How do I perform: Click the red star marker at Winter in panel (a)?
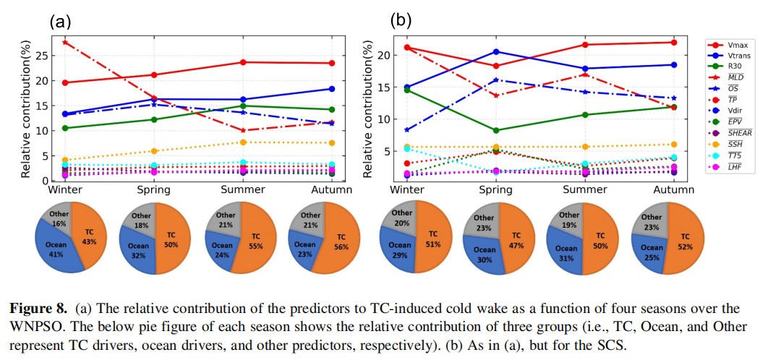point(66,43)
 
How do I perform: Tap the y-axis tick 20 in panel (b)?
point(384,55)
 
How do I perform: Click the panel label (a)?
point(60,21)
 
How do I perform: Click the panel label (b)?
point(401,20)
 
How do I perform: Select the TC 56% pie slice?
point(337,240)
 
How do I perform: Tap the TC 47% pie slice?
point(516,240)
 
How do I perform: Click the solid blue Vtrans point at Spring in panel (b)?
point(496,51)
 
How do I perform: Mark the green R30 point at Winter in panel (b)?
point(408,90)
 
